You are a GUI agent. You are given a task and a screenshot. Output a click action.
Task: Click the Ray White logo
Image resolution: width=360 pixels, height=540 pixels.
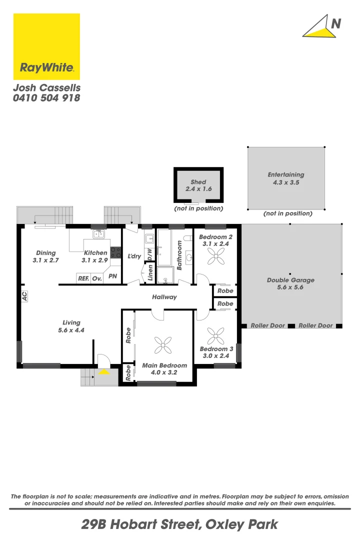tap(46, 46)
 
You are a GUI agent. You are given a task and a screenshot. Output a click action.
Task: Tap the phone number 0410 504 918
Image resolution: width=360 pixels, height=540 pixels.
tap(46, 98)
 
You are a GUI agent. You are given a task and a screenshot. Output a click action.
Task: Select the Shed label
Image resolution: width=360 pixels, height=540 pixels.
tap(198, 185)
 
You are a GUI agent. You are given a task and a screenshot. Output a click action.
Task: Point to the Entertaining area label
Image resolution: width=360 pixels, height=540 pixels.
tap(286, 178)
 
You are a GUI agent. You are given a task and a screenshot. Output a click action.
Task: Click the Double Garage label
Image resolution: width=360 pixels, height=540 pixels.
tap(290, 283)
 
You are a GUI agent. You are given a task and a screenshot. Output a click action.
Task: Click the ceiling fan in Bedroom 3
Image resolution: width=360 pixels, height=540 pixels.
tap(216, 334)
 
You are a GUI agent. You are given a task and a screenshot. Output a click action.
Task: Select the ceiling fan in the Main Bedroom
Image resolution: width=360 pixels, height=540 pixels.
tap(163, 344)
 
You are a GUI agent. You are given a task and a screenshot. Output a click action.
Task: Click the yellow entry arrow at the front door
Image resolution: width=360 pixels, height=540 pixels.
tap(104, 372)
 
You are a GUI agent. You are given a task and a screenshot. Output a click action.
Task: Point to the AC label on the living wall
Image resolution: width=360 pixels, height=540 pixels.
tap(24, 296)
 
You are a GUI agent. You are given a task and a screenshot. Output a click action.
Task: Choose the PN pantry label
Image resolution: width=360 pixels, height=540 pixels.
tap(113, 276)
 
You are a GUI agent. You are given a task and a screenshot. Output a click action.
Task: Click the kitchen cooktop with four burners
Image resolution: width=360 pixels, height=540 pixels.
tap(115, 252)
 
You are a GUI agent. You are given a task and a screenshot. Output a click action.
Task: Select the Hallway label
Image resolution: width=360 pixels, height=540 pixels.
tap(164, 297)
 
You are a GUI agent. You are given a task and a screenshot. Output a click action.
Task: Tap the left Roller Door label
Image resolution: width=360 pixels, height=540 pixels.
tap(267, 325)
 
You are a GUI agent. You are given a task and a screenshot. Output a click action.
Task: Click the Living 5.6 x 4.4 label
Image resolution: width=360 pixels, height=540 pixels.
tap(71, 326)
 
